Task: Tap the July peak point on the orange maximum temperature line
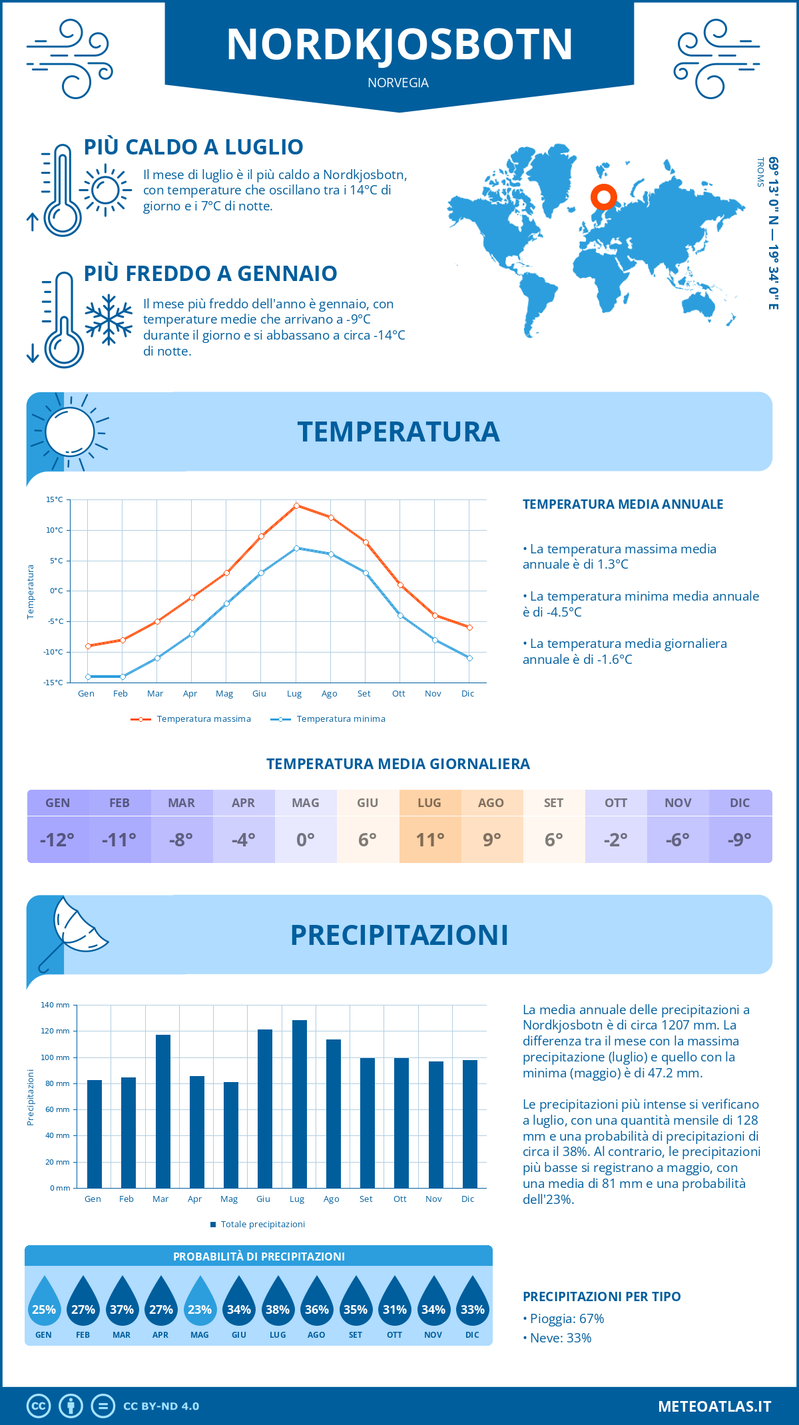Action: [296, 505]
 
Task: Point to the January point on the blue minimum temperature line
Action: [88, 677]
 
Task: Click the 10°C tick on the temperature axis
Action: [55, 530]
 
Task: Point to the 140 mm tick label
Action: [55, 1005]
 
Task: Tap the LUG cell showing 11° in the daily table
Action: [430, 839]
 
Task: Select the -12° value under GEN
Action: [57, 840]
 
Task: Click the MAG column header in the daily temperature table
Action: [306, 803]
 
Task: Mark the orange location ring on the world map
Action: [604, 197]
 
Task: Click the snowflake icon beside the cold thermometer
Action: [109, 320]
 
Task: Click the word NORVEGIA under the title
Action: [398, 83]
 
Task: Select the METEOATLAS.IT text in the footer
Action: [714, 1406]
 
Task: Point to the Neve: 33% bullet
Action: [560, 1338]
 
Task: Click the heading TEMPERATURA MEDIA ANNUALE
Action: [623, 504]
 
